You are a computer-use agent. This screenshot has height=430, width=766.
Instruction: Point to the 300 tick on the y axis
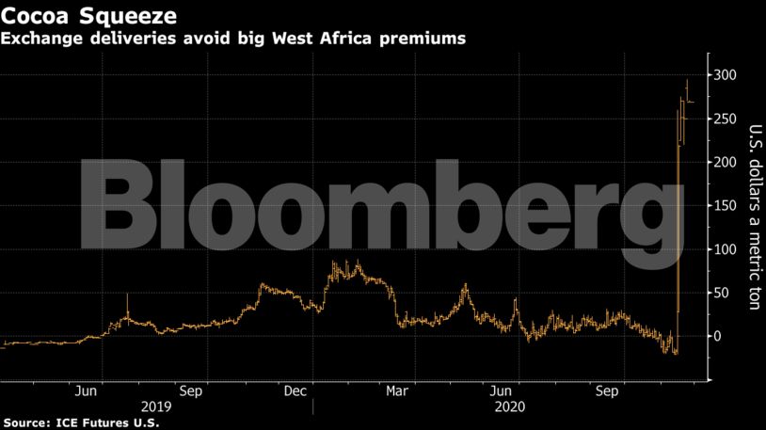click(724, 75)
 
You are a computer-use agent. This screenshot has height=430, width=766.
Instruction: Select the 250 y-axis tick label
click(724, 119)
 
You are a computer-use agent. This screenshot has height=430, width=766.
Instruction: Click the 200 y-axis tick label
click(724, 162)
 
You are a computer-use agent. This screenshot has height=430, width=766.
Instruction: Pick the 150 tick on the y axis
click(724, 206)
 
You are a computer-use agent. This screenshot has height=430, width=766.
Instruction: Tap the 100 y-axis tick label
click(724, 249)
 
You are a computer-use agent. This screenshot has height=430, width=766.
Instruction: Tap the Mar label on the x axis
click(398, 390)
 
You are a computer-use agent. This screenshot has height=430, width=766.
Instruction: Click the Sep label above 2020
click(607, 390)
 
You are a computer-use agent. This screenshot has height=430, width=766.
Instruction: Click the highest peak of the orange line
click(686, 80)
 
